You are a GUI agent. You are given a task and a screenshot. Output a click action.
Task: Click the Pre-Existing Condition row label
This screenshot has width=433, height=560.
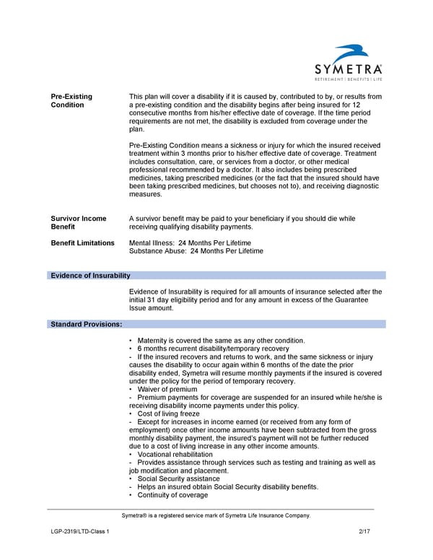[71, 100]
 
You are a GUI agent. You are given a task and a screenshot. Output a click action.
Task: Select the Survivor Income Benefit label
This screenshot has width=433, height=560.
[79, 222]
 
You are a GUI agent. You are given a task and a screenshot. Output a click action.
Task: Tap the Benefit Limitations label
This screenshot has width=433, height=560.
[82, 243]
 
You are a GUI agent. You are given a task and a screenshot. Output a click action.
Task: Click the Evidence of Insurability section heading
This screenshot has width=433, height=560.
[89, 276]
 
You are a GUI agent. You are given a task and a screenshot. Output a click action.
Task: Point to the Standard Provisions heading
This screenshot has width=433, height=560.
[86, 325]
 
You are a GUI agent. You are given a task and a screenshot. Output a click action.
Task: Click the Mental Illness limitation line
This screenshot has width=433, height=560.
[190, 243]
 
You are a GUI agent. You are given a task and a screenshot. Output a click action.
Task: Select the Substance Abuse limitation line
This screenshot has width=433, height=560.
[196, 251]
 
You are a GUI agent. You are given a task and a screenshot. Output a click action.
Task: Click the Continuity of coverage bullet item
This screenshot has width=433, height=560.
[172, 495]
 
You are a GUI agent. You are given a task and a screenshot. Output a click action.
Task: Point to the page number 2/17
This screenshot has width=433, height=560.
[364, 532]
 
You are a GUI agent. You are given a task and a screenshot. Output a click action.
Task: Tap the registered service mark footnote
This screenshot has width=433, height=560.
[216, 515]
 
